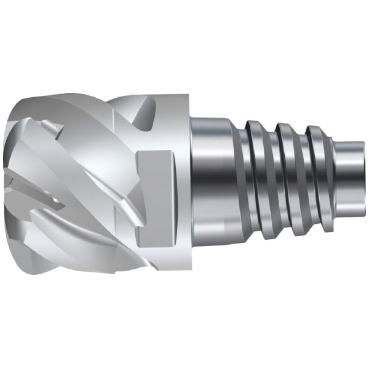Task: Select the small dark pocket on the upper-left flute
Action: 49,126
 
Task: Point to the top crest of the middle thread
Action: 285,127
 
